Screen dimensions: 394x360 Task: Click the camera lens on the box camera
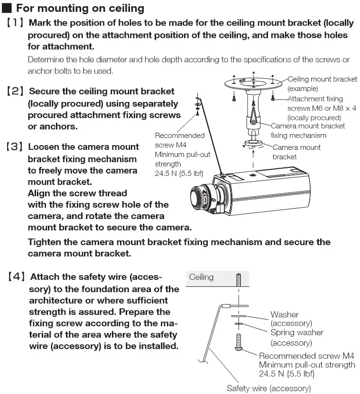(199, 197)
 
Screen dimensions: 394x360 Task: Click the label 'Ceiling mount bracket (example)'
(322, 83)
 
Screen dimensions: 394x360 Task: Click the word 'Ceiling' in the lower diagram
(201, 277)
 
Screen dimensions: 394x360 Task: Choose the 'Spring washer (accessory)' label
(296, 337)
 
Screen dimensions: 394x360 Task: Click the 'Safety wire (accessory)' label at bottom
(268, 388)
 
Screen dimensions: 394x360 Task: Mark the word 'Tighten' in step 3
(46, 242)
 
